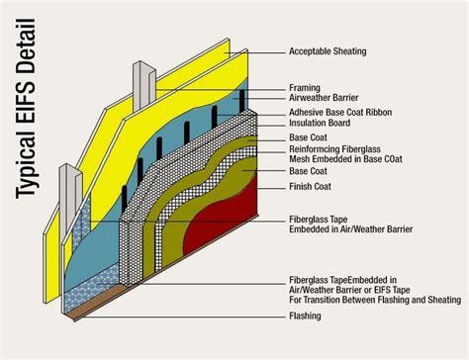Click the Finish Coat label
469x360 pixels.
point(312,186)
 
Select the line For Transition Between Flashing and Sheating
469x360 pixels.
point(375,300)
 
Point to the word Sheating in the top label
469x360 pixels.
point(350,50)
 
